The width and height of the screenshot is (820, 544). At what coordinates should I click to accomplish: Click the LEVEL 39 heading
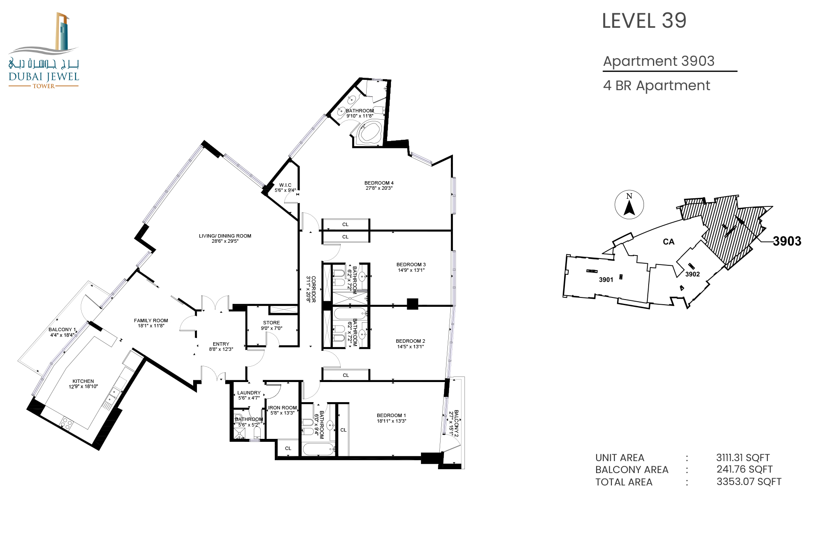point(644,21)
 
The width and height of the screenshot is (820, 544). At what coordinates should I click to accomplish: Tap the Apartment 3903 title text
point(658,61)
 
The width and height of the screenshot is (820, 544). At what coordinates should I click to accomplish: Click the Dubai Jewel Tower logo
point(44,50)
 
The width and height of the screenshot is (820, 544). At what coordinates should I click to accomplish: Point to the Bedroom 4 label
point(379,185)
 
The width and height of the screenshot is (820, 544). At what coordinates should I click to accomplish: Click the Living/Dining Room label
point(225,238)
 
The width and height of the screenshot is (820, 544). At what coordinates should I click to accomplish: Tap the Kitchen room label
point(83,384)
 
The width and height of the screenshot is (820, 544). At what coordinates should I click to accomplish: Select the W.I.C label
point(285,188)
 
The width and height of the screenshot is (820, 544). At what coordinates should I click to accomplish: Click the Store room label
point(272,326)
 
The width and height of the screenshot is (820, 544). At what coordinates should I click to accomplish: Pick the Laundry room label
point(249,395)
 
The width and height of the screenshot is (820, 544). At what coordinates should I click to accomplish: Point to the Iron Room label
point(282,410)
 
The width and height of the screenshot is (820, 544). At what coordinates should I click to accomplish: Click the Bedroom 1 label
point(391,418)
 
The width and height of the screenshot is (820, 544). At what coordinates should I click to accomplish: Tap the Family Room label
point(151,323)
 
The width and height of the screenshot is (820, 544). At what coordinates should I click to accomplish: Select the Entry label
point(221,347)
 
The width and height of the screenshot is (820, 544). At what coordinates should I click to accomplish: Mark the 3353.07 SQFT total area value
point(749,482)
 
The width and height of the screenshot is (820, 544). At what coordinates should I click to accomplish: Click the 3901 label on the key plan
point(606,280)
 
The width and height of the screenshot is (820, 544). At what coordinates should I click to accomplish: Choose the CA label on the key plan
point(669,242)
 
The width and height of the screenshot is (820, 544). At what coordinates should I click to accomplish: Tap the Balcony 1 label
point(62,332)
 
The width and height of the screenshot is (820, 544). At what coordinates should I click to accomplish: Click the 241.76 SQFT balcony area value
point(745,469)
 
